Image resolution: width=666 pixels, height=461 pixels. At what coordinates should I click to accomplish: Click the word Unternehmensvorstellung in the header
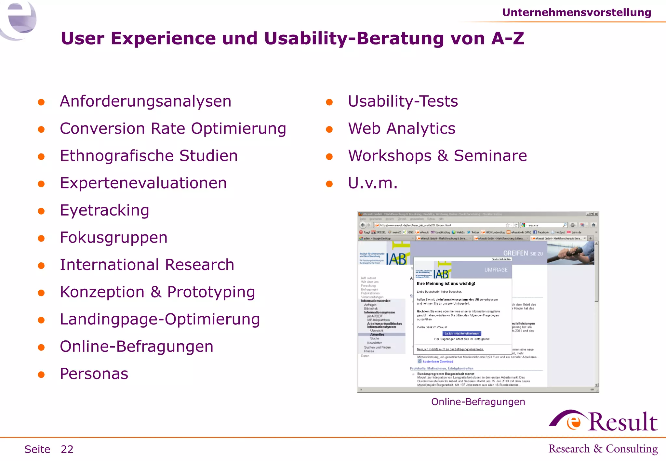[576, 12]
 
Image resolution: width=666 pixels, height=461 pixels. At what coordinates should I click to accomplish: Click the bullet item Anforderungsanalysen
[145, 101]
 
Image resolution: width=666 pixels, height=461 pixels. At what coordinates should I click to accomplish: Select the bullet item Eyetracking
[104, 210]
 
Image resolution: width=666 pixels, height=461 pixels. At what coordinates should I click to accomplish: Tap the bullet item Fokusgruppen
[113, 237]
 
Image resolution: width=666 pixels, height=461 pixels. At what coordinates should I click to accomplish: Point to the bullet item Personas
[94, 374]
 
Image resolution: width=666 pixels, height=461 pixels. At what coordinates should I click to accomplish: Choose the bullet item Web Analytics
[401, 128]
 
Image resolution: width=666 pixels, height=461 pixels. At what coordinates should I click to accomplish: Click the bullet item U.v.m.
[372, 183]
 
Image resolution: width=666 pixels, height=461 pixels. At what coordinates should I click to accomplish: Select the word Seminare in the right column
[490, 156]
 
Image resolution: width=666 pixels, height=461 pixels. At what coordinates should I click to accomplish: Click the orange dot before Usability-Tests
[329, 102]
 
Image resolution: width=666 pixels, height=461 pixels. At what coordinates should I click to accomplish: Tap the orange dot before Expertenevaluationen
[41, 184]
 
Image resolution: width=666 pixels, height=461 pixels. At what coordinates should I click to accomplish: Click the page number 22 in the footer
[67, 449]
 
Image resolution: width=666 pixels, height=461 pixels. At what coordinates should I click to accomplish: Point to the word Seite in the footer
[37, 449]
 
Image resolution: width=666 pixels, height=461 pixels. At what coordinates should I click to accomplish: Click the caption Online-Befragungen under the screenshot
[478, 402]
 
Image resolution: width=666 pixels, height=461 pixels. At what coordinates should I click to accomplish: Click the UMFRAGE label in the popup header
[496, 270]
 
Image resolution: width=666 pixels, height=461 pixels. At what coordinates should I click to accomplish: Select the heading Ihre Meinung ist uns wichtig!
[446, 283]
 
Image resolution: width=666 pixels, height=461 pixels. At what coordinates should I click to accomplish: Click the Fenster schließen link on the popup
[501, 259]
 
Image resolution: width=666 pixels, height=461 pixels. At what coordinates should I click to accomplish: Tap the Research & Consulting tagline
[603, 449]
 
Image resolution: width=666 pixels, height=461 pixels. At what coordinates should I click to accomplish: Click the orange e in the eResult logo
[574, 422]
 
